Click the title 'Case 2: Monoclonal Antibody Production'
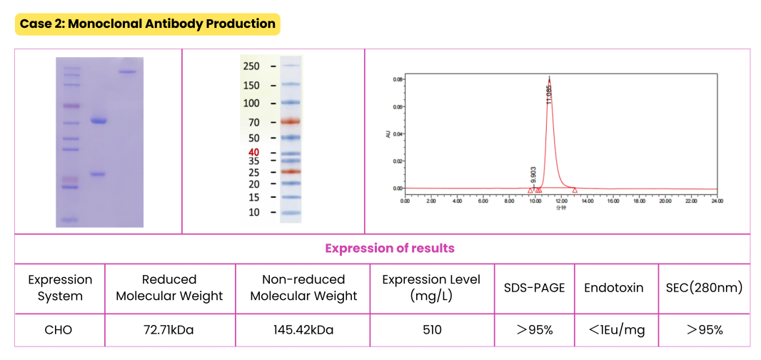[x=147, y=24]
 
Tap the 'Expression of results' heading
[x=389, y=249]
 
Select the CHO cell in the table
[x=60, y=329]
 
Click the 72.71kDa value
[x=169, y=329]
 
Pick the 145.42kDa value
[x=303, y=329]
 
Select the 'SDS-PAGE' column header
[x=534, y=288]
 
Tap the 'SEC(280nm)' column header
[x=704, y=288]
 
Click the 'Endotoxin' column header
[x=614, y=288]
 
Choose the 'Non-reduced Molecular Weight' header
[x=303, y=288]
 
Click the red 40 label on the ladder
[x=253, y=152]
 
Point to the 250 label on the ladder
[x=251, y=66]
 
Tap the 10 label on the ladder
[x=253, y=212]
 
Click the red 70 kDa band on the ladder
[x=291, y=122]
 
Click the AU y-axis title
[x=388, y=134]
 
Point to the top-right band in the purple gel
[x=127, y=71]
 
